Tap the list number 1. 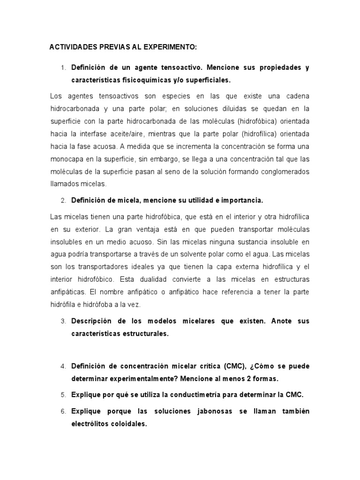pyautogui.click(x=63, y=68)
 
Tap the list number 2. pyautogui.click(x=63, y=201)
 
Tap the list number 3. pyautogui.click(x=63, y=322)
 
